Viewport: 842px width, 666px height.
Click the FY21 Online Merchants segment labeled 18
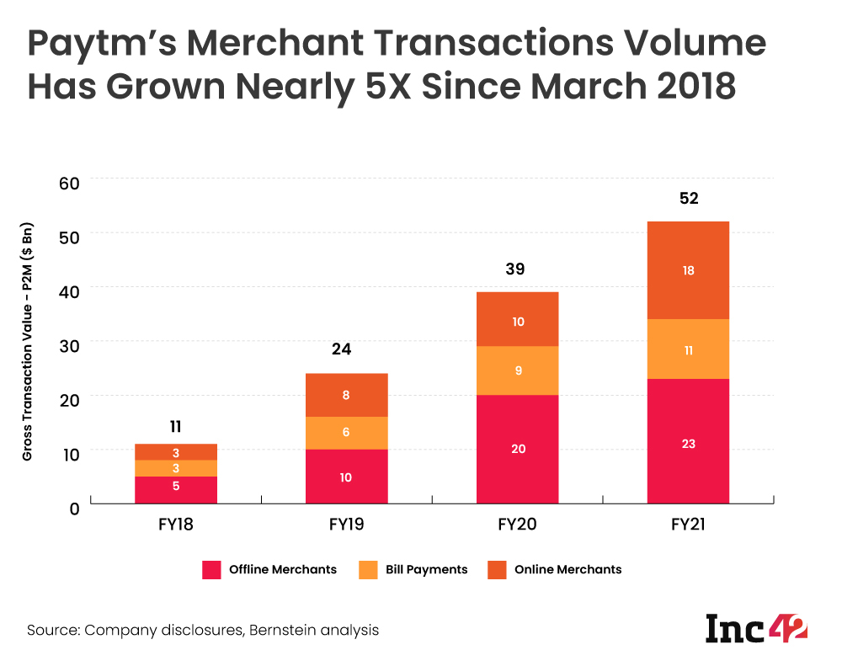(x=688, y=270)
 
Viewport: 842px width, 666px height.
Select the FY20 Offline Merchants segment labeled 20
(x=517, y=449)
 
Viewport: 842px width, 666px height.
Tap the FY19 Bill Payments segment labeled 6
(x=346, y=433)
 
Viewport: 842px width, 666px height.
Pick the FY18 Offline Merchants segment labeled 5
(x=175, y=489)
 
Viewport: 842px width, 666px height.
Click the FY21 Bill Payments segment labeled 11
(x=688, y=349)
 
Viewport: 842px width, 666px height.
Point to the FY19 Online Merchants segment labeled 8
(x=346, y=395)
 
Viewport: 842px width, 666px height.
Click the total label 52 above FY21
(x=688, y=199)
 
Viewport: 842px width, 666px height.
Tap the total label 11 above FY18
(x=175, y=425)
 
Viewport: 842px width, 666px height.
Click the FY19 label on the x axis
(x=346, y=525)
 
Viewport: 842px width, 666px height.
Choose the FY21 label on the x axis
(x=688, y=525)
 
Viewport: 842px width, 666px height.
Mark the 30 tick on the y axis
(x=68, y=344)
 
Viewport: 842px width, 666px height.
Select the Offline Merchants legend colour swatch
(x=211, y=570)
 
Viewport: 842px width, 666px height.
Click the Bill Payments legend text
(x=426, y=570)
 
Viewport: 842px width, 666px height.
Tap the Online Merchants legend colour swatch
(x=497, y=570)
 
